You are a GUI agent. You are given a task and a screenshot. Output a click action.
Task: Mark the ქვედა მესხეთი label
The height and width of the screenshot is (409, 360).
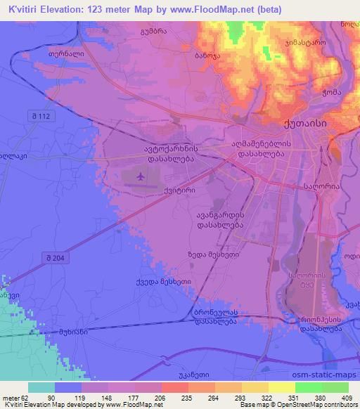coord(143,283)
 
